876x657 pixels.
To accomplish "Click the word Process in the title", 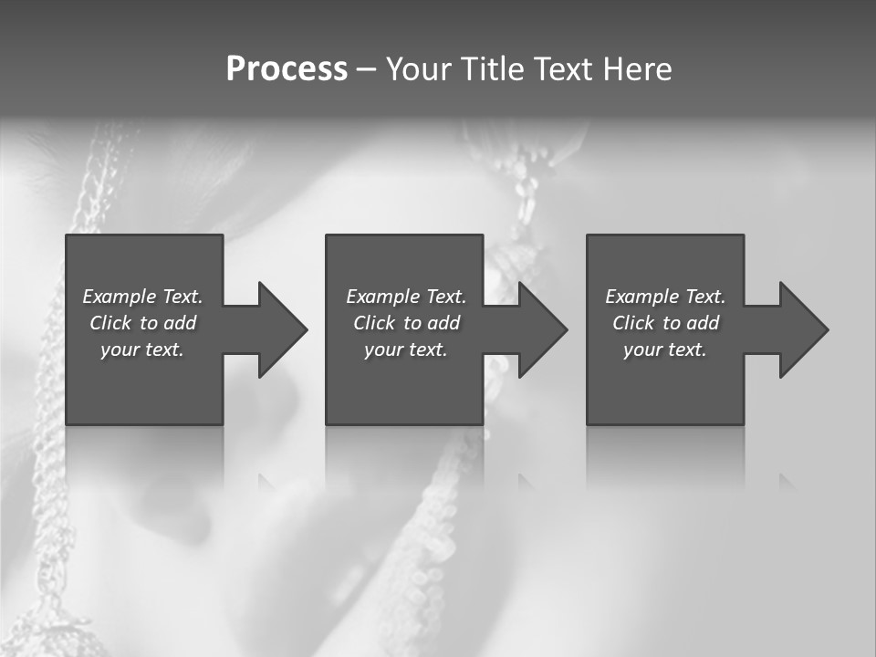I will tap(287, 69).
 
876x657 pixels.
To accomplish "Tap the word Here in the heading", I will tap(637, 69).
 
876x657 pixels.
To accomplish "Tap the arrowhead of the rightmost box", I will tap(802, 329).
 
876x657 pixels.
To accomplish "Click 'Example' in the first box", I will tap(119, 297).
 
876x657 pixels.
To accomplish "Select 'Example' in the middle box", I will tap(382, 297).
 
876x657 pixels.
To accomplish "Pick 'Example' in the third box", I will tap(641, 297).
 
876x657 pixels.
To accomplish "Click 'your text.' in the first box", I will tap(142, 349).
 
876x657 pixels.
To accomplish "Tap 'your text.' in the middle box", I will tap(406, 349).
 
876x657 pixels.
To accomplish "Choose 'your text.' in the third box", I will tap(665, 349).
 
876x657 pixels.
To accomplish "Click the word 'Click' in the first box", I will tap(110, 323).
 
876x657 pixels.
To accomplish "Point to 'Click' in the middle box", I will tap(374, 323).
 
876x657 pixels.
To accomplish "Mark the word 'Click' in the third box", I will tap(633, 323).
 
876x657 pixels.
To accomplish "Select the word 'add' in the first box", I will tap(181, 323).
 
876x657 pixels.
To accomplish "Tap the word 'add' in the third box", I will tap(704, 323).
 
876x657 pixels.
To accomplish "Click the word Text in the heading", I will tap(563, 69).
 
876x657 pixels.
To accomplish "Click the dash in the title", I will tap(366, 69).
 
